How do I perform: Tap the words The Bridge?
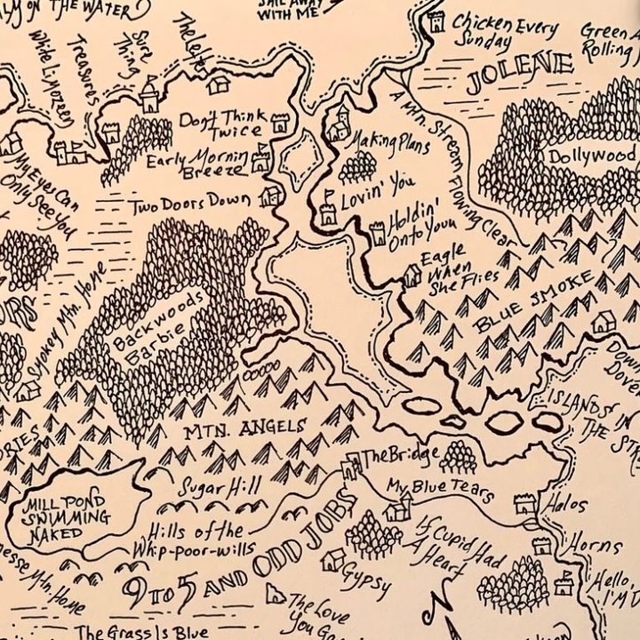click(400, 455)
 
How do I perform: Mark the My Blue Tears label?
click(439, 489)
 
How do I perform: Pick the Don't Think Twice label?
click(222, 123)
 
